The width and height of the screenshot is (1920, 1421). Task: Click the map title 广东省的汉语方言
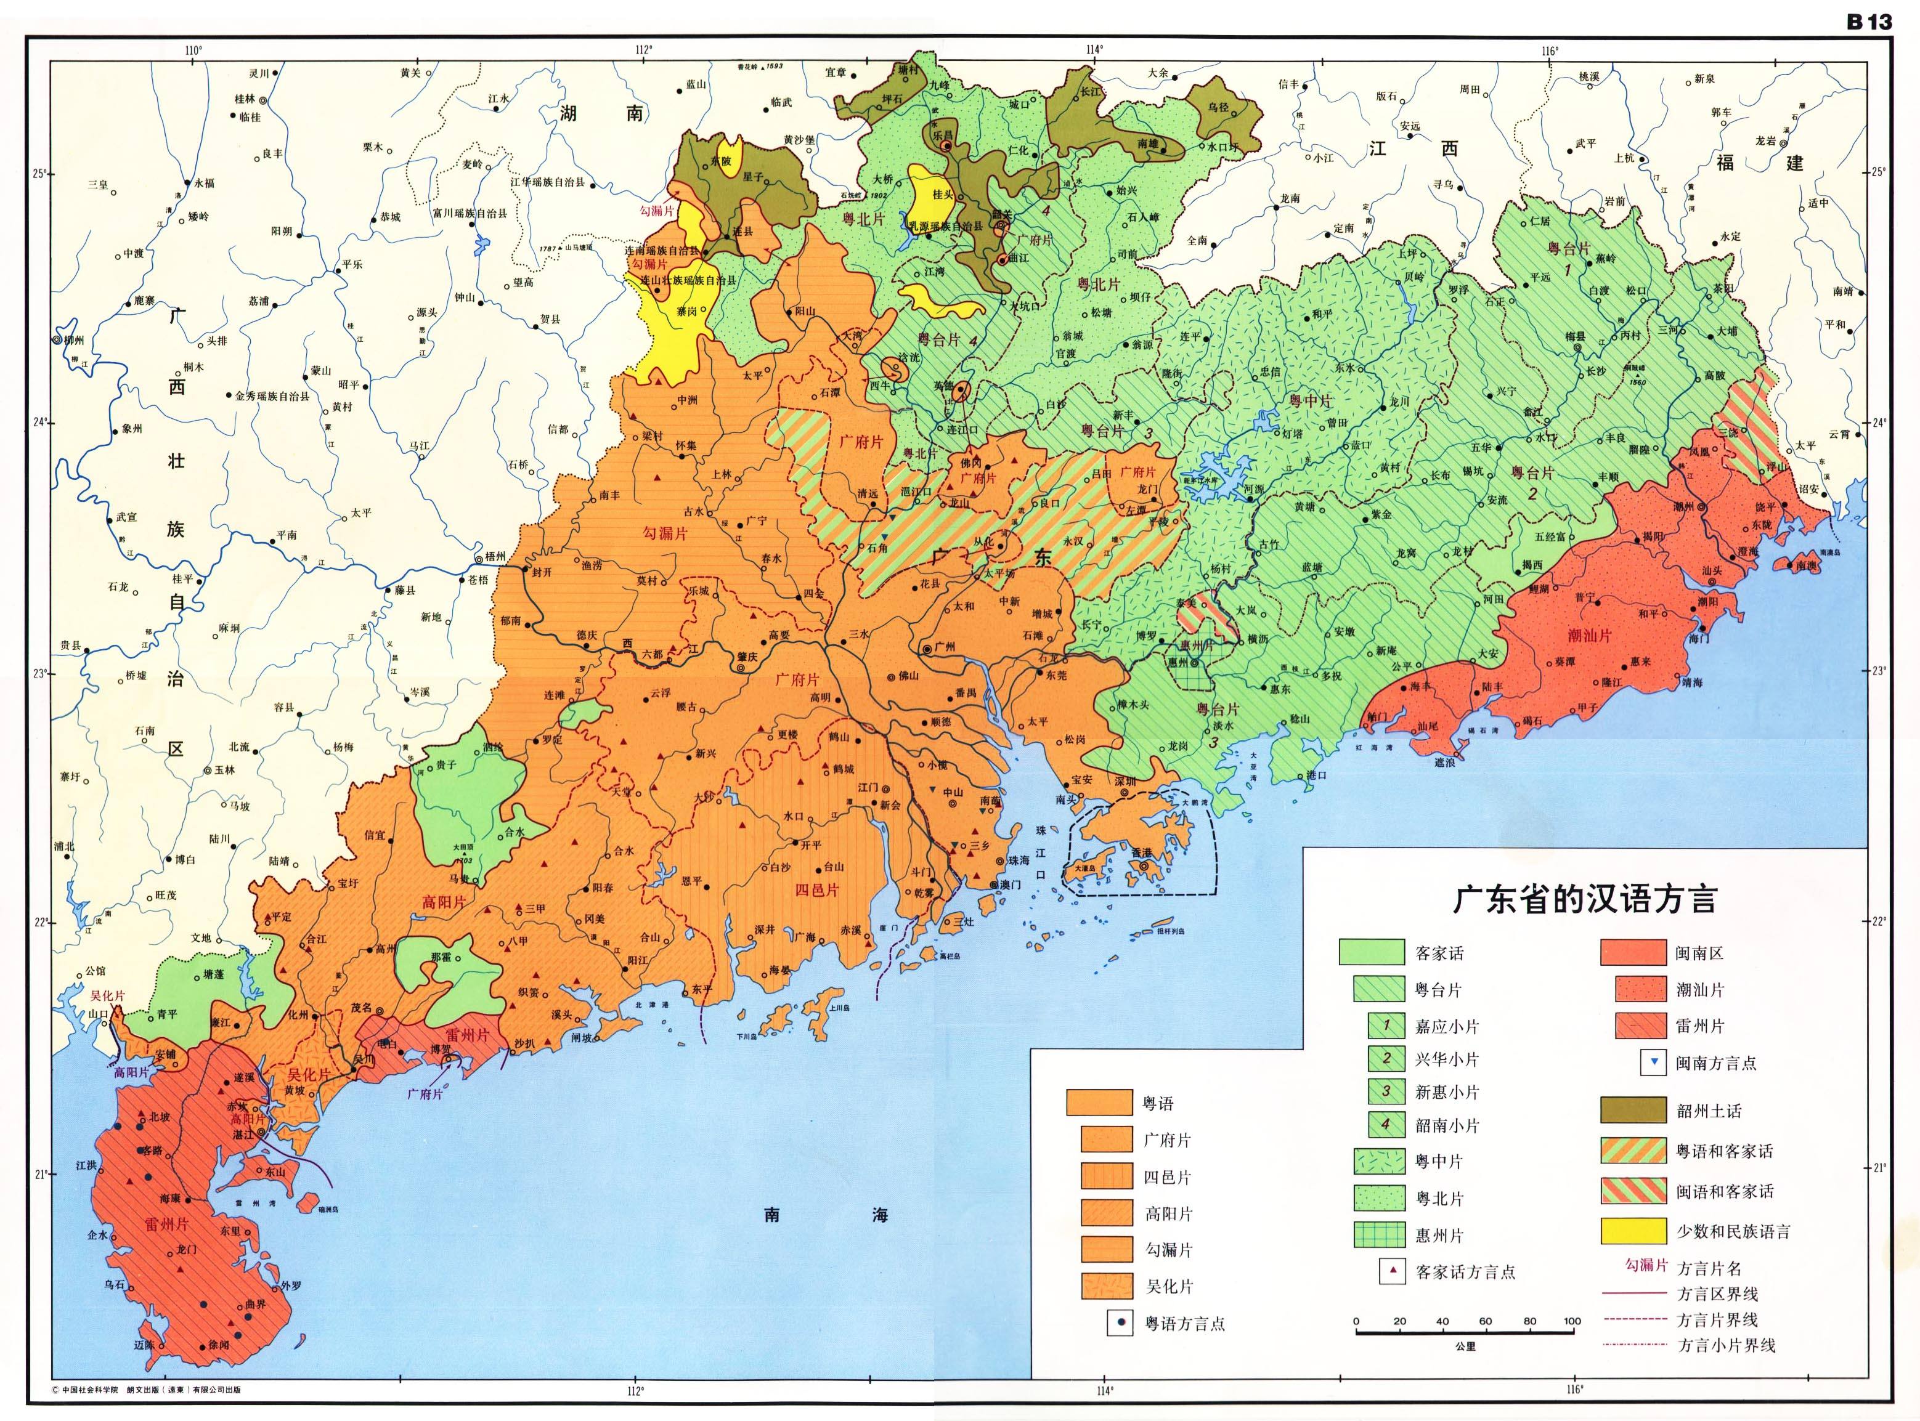click(1585, 900)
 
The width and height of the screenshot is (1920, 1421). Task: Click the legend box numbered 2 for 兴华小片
click(1386, 1059)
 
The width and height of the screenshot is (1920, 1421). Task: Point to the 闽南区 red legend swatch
click(1633, 953)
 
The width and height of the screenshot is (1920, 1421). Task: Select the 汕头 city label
click(1712, 570)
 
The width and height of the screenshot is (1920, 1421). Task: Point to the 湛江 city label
click(243, 1135)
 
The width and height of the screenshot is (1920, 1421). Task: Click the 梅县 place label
click(1574, 337)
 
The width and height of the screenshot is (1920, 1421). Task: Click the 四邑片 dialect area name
click(815, 890)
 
